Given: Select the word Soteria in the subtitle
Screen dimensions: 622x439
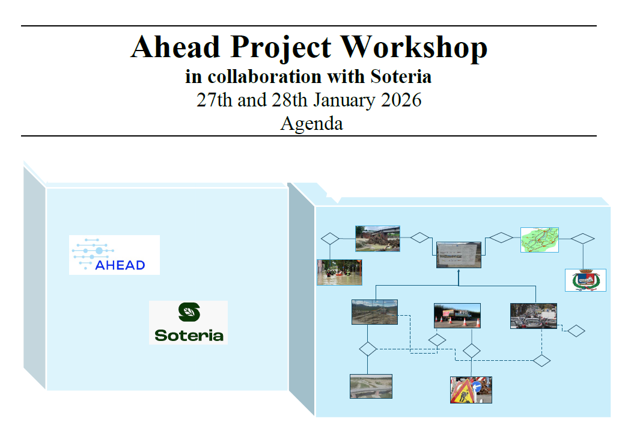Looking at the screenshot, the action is pos(401,76).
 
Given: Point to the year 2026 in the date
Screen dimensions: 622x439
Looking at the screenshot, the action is pos(401,100).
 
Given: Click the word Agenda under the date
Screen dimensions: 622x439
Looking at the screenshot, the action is pos(312,123).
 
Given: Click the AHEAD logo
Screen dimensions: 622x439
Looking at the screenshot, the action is pos(114,255).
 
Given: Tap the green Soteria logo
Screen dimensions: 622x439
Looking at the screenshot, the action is pos(189,322).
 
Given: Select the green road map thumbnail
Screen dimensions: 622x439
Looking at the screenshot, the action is pos(540,240).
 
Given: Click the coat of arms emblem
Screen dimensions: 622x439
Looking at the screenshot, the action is pos(585,280).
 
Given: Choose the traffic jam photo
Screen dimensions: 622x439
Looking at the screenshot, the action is pos(534,316).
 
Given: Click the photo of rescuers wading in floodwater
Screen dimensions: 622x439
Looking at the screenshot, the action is pos(340,272).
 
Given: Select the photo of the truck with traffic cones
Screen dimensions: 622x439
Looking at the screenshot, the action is pos(457,316).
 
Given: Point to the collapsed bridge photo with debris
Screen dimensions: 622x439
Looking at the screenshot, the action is pos(377,239).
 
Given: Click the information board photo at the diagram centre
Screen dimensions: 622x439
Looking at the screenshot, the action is pos(459,255).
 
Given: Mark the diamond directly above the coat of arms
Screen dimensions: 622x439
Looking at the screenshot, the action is pos(583,239).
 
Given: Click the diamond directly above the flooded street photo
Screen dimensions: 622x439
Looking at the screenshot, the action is pos(330,239).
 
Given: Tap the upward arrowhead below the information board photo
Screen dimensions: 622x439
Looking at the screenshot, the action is pos(459,271).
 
